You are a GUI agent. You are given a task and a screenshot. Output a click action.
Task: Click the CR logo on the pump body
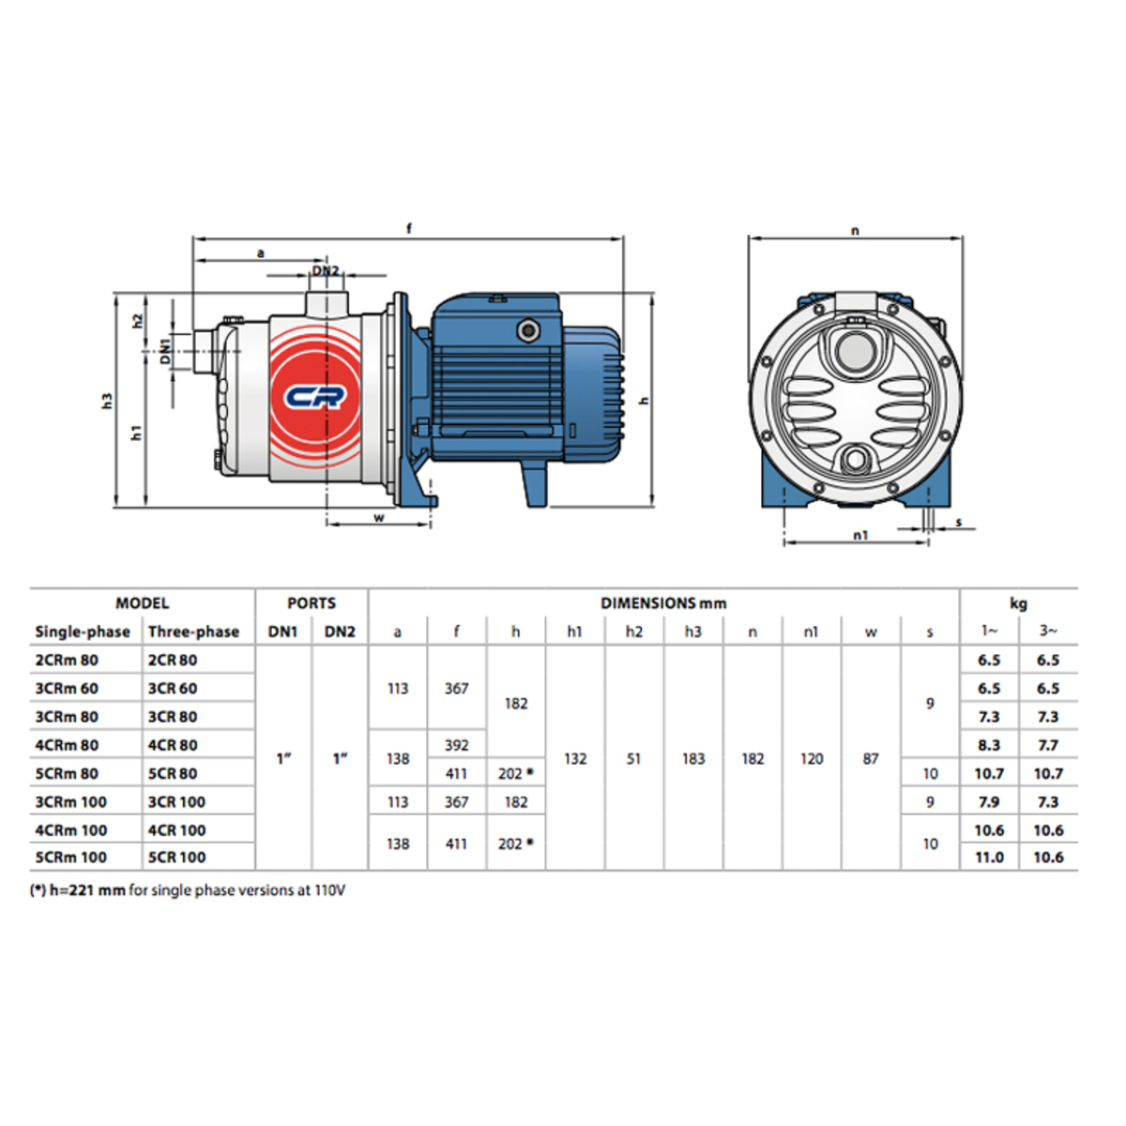pos(315,397)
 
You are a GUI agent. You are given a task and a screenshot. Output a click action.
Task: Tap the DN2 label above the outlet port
pos(326,271)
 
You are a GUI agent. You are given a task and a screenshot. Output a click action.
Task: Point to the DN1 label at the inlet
pos(166,351)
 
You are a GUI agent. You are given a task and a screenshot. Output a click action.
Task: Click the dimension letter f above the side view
pos(409,228)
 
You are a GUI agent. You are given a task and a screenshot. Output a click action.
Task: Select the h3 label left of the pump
pos(107,401)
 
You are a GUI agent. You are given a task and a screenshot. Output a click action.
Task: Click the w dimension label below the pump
pos(379,518)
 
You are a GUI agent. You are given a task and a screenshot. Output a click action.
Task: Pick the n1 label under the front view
pos(860,535)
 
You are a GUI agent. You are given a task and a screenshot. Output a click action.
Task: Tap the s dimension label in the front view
pos(958,523)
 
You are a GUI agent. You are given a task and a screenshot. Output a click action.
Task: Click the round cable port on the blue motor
pos(528,331)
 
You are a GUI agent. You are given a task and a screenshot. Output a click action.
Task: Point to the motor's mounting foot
pos(535,484)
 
